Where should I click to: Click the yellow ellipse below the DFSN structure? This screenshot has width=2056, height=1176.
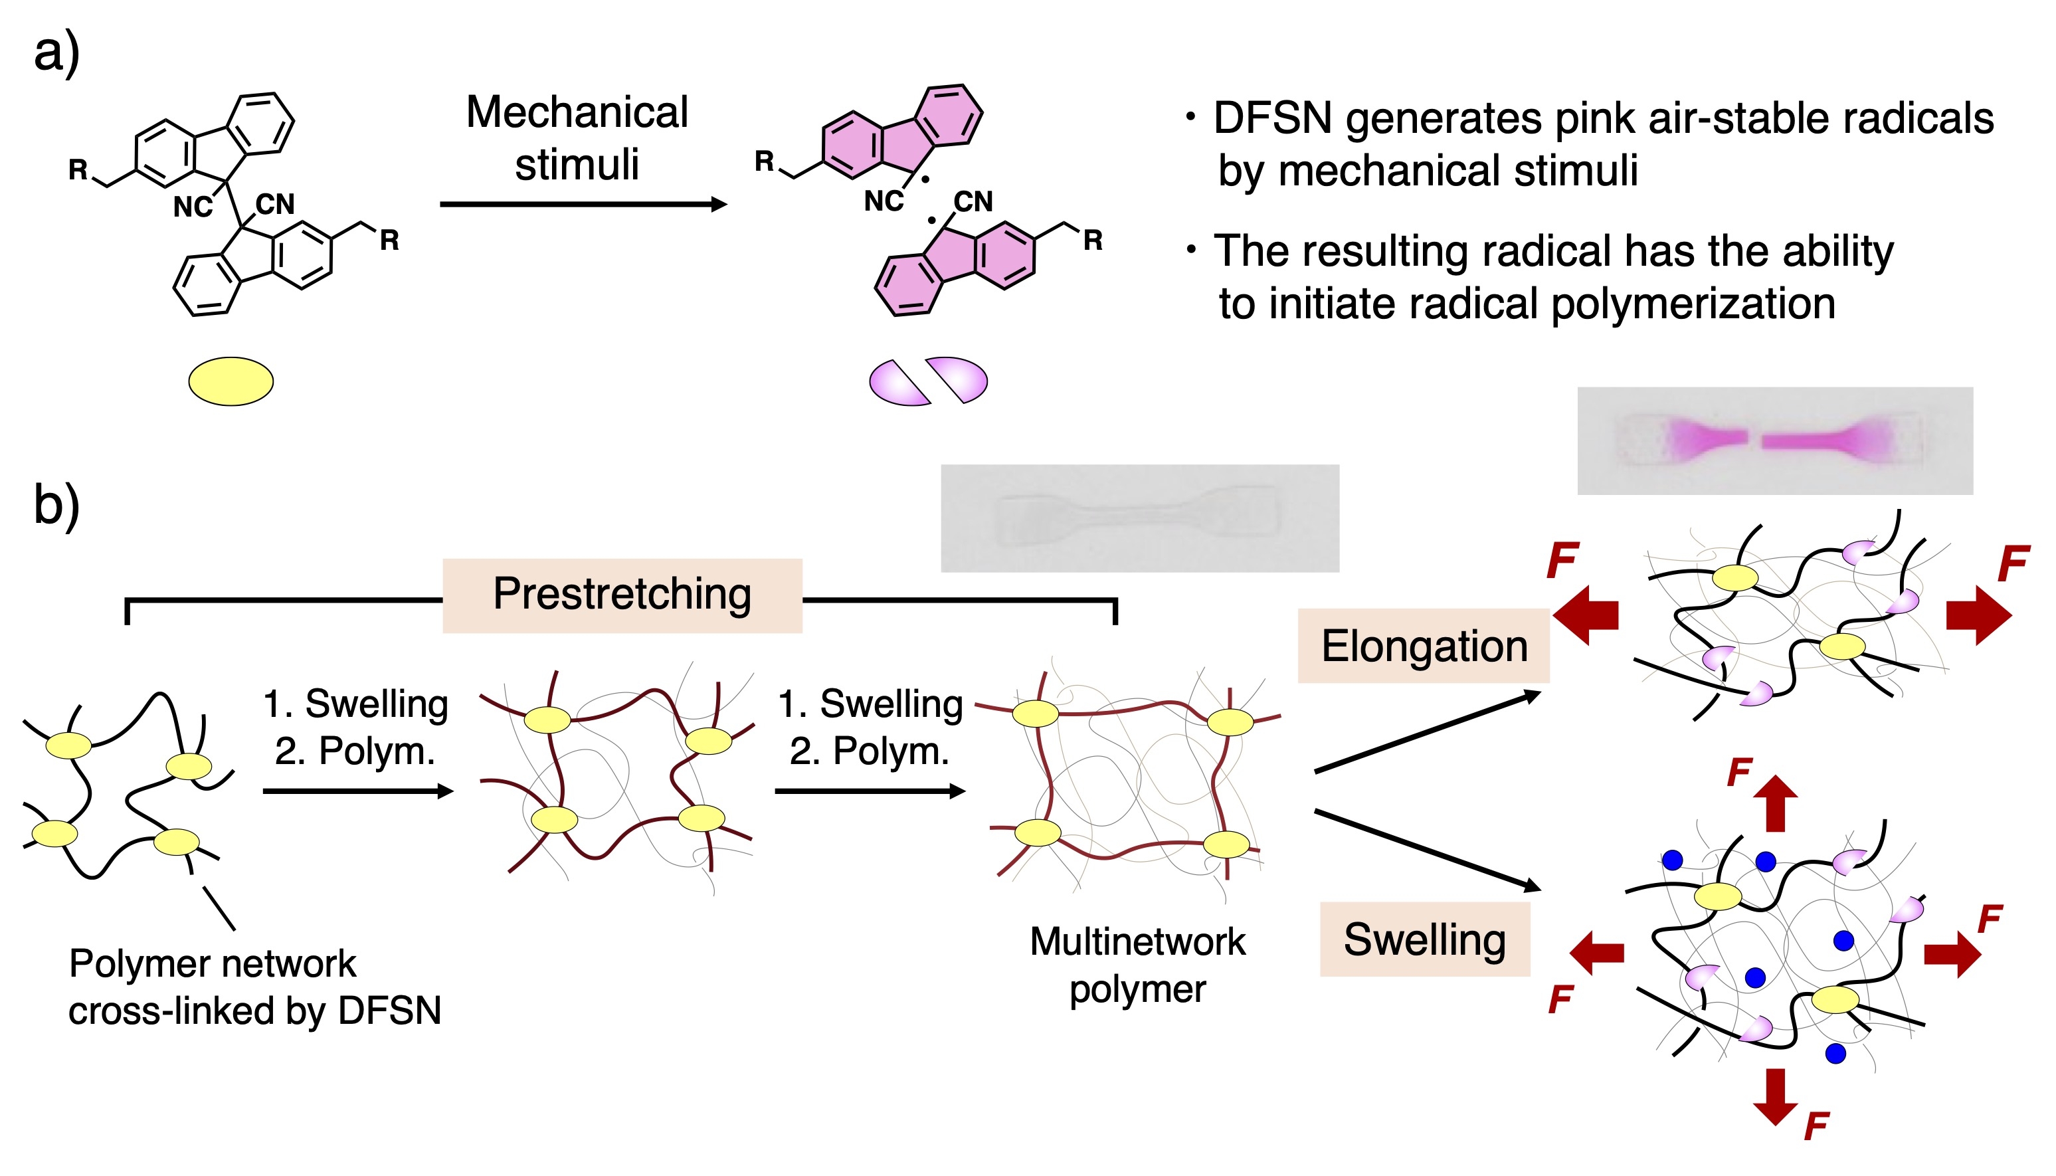click(231, 381)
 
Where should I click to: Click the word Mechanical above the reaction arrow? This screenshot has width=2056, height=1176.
click(577, 112)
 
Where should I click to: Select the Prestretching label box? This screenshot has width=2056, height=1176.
click(622, 595)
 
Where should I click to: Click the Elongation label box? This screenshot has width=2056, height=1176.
click(1423, 646)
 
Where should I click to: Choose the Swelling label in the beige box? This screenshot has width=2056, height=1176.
click(1424, 939)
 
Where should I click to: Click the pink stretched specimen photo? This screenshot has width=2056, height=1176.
click(1774, 441)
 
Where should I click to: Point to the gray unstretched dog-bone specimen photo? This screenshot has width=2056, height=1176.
click(1139, 518)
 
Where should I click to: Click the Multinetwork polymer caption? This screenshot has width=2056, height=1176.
click(1137, 965)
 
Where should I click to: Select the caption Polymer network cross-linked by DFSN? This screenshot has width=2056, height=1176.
click(254, 987)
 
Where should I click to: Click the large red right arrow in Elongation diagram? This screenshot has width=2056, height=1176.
click(1978, 615)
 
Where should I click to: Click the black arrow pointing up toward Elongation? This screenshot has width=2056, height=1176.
click(1428, 732)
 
